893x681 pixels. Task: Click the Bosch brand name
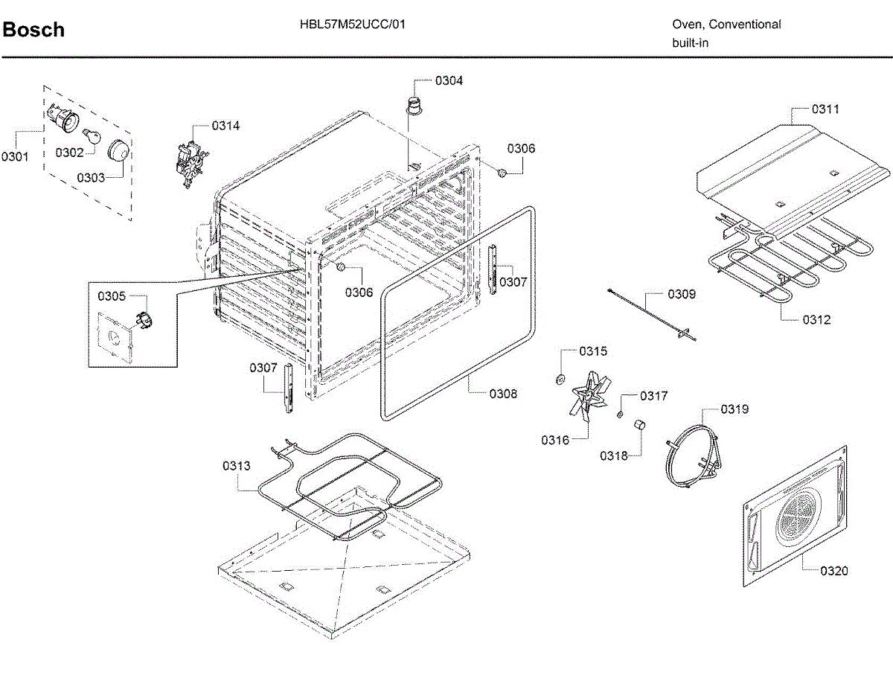(33, 30)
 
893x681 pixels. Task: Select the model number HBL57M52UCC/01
(353, 24)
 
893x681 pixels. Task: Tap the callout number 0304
(449, 80)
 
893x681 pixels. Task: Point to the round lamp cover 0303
(118, 151)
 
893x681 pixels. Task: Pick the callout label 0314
(225, 126)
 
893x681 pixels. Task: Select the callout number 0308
(503, 394)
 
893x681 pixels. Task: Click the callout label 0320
(833, 571)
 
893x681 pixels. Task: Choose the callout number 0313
(236, 466)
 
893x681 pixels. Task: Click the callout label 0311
(825, 109)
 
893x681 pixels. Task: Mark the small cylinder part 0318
(638, 425)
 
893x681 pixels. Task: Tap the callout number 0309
(681, 294)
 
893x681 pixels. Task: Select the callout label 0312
(816, 320)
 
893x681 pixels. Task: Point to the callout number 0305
(112, 296)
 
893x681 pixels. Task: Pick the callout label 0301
(15, 156)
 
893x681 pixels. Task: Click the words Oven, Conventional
(726, 24)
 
